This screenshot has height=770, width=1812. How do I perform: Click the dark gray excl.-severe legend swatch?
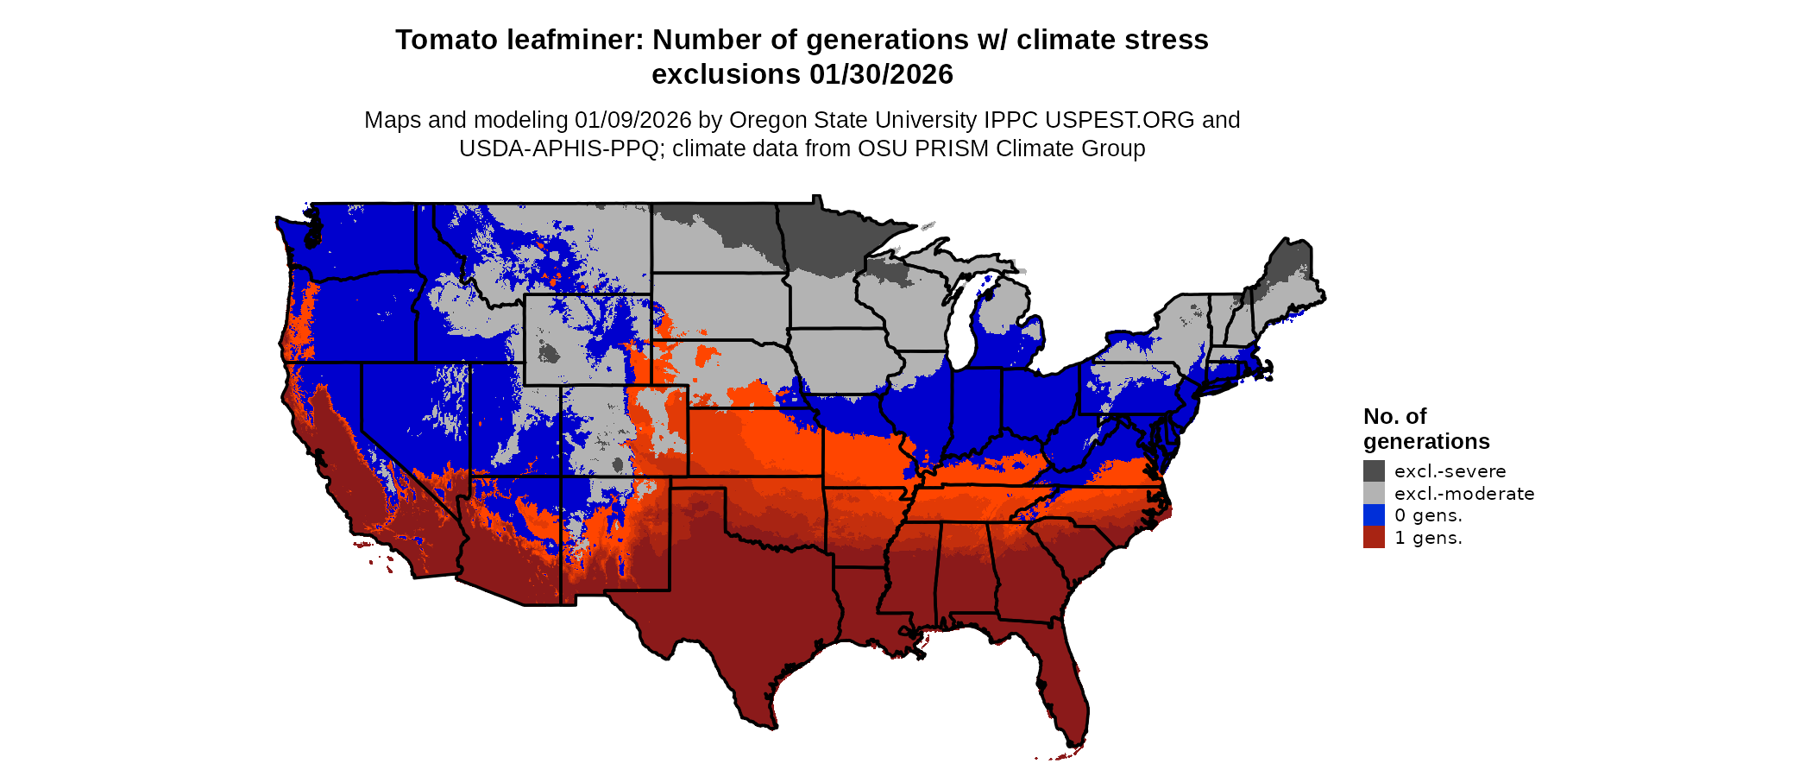click(1374, 470)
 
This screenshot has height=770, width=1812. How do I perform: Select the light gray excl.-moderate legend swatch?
click(1374, 493)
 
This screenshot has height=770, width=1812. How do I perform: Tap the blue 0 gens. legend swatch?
click(1374, 515)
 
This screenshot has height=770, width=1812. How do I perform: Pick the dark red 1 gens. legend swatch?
click(1374, 537)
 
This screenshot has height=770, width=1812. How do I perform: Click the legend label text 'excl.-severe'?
click(1450, 471)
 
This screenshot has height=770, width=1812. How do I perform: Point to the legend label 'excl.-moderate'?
click(1464, 494)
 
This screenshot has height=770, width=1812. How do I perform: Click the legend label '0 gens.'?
click(1428, 515)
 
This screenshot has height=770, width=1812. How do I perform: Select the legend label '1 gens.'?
click(1428, 538)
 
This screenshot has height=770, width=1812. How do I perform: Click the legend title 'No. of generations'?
click(1425, 429)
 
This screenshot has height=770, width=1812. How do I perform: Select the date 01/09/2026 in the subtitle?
click(633, 120)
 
